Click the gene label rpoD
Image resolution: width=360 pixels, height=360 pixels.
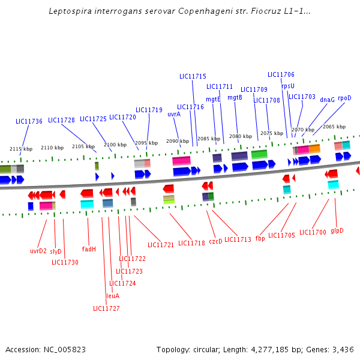[x=344, y=98]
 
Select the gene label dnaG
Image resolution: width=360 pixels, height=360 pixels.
[x=327, y=100]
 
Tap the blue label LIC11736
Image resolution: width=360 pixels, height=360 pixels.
[x=29, y=121]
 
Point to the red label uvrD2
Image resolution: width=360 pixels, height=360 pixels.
[x=38, y=251]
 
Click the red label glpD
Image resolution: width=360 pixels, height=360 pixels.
[x=337, y=230]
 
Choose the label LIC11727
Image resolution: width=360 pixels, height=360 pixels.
[x=106, y=308]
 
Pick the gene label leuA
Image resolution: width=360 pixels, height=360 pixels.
[x=113, y=296]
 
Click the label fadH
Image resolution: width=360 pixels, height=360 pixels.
[x=89, y=249]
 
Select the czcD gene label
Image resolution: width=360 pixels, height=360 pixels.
[x=215, y=241]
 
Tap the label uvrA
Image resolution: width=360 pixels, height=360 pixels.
[x=174, y=114]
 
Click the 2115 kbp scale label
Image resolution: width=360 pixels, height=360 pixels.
[x=20, y=149]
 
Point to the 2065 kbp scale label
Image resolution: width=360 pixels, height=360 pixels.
[x=334, y=127]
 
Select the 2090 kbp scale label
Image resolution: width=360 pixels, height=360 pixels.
[x=177, y=141]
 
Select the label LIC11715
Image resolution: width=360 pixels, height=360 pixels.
[x=193, y=76]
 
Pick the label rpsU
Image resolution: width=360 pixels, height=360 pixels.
[x=288, y=86]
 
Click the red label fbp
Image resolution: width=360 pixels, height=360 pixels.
[x=260, y=238]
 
